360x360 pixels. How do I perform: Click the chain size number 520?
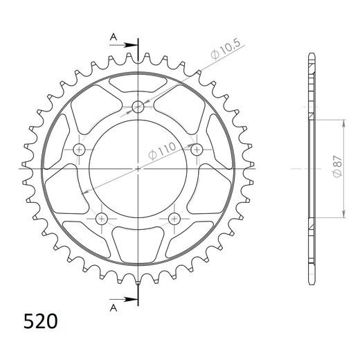pyautogui.click(x=40, y=321)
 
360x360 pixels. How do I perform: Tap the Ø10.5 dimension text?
pyautogui.click(x=226, y=49)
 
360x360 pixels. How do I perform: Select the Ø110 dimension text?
pyautogui.click(x=162, y=151)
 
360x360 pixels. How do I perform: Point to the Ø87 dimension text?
pyautogui.click(x=338, y=166)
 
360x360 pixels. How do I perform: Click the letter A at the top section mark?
pyautogui.click(x=114, y=37)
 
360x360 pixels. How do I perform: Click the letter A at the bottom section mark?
pyautogui.click(x=114, y=307)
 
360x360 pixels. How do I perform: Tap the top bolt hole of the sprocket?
pyautogui.click(x=138, y=107)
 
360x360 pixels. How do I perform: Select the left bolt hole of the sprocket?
pyautogui.click(x=79, y=150)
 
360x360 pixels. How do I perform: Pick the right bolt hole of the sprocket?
pyautogui.click(x=197, y=150)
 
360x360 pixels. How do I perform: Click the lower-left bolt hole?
pyautogui.click(x=102, y=218)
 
